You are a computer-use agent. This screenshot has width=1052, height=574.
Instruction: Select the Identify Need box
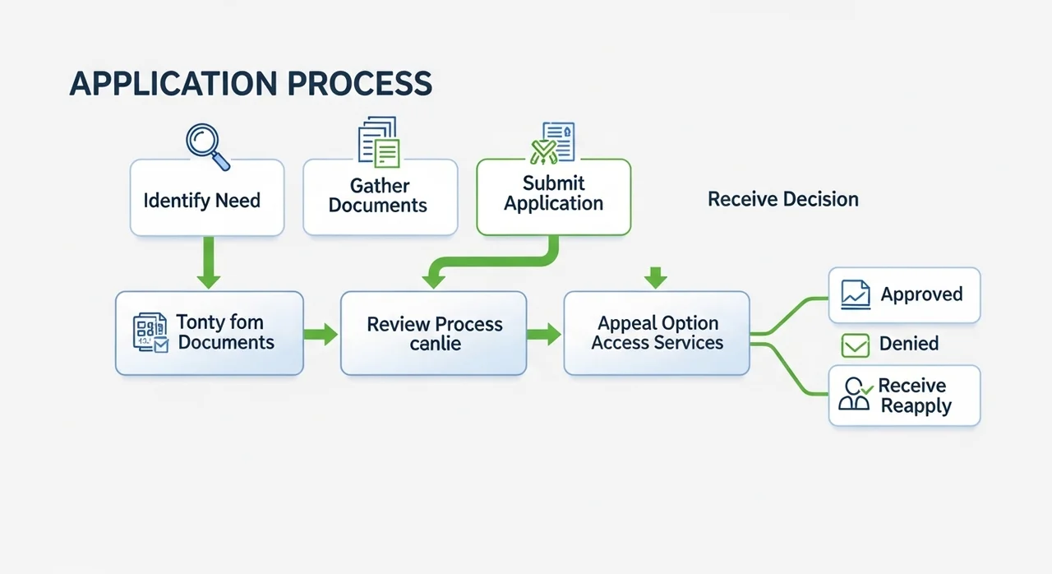[x=207, y=198]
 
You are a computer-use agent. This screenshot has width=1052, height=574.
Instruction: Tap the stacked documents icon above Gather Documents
[x=379, y=141]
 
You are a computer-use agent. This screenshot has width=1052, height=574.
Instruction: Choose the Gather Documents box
[x=380, y=197]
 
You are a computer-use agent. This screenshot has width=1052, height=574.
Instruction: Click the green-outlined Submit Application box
[x=554, y=197]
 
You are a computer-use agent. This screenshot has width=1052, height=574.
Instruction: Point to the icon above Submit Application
[x=552, y=141]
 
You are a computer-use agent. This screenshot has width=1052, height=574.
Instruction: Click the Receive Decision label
[x=782, y=199]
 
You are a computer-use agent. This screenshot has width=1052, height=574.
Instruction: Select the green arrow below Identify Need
[x=209, y=263]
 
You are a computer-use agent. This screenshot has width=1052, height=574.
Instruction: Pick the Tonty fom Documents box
[x=210, y=333]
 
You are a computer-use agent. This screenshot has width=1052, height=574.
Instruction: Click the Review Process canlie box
[x=434, y=333]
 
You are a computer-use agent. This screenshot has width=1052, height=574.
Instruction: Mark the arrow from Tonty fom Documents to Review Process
[x=321, y=334]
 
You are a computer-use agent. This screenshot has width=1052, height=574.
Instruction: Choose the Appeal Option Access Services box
[x=657, y=333]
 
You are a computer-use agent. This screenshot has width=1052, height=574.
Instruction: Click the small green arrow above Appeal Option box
[x=655, y=278]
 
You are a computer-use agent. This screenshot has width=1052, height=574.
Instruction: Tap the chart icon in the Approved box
[x=856, y=294]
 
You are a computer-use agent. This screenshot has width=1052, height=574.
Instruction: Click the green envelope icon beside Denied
[x=856, y=345]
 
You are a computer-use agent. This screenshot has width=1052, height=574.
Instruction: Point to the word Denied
[x=909, y=344]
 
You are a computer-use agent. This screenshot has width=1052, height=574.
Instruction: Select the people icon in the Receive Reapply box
[x=855, y=396]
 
